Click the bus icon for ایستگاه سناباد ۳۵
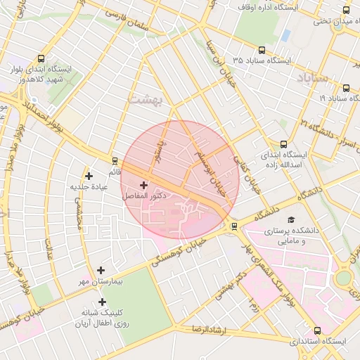click(x=262, y=50)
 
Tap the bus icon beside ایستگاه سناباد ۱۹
click(x=346, y=88)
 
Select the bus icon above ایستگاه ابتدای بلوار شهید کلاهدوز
click(x=41, y=59)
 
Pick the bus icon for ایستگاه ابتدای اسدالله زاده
click(x=283, y=143)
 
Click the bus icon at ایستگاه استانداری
click(x=317, y=330)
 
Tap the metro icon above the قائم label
click(x=112, y=160)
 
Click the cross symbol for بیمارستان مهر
click(x=101, y=270)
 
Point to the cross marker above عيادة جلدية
click(x=88, y=176)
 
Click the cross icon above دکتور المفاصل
click(x=144, y=184)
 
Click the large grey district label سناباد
click(x=313, y=78)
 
